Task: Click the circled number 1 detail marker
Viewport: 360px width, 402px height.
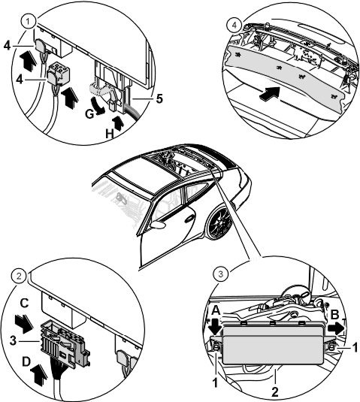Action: click(29, 22)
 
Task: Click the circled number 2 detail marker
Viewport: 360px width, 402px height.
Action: click(19, 277)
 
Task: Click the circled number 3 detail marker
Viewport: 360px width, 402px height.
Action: click(221, 274)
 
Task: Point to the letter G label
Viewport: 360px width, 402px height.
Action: click(89, 114)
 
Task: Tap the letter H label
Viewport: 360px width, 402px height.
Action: click(110, 134)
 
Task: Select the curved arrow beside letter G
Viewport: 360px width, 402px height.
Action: click(98, 104)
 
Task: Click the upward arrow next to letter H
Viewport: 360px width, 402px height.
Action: click(118, 123)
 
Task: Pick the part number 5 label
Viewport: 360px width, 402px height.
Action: click(159, 98)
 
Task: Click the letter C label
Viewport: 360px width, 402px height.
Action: click(24, 304)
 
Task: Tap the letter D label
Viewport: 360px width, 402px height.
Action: click(26, 362)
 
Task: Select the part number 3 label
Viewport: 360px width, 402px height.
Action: click(13, 341)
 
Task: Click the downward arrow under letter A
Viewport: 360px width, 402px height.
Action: click(215, 325)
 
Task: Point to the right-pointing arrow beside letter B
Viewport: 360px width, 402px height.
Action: click(337, 328)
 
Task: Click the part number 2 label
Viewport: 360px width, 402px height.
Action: click(274, 392)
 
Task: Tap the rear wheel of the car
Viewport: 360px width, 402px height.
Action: click(220, 223)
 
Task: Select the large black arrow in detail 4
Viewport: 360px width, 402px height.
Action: click(269, 92)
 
